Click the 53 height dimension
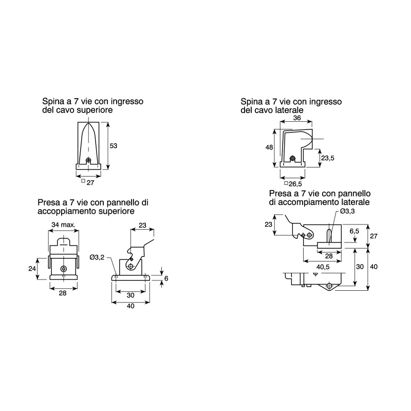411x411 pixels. coord(113,146)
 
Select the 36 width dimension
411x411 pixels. coord(297,118)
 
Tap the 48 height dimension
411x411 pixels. coord(269,147)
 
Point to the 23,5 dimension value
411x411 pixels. coord(328,158)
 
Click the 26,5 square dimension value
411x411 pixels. coord(295,184)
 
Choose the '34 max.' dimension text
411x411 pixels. coord(63,225)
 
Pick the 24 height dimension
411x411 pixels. coord(32,268)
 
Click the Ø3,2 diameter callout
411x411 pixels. coord(97,257)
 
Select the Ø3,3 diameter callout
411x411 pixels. coord(348,211)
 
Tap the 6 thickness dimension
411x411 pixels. coord(166,278)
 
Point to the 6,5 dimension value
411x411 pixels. coord(354,231)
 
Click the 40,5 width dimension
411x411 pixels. coord(323,267)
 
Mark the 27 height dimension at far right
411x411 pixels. coord(373,236)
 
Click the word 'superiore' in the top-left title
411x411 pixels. coord(95,110)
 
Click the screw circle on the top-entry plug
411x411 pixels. coord(88,160)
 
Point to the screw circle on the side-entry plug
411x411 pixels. coord(292,158)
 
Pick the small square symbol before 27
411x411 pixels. coord(83,181)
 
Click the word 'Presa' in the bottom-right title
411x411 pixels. coord(280,194)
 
